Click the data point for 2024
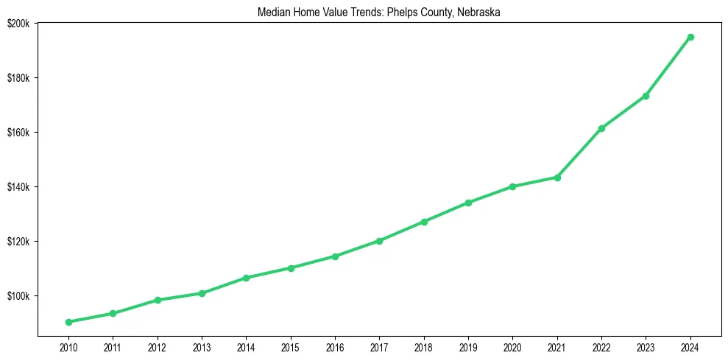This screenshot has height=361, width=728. [x=690, y=37]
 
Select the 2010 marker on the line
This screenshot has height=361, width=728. [x=68, y=322]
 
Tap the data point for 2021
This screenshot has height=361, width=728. [x=557, y=178]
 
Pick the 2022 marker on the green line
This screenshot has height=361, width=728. [x=601, y=128]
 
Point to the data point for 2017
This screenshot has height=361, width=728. [x=379, y=241]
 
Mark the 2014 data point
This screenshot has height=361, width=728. [x=246, y=278]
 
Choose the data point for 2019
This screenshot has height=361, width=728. [x=468, y=203]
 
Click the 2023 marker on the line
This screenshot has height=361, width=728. [x=646, y=96]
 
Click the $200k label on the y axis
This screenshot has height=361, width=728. [x=18, y=24]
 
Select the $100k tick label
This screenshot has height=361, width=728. [x=18, y=296]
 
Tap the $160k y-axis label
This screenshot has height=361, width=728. [x=18, y=133]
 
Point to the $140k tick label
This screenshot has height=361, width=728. [x=18, y=187]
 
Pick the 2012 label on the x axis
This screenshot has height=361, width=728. [x=157, y=346]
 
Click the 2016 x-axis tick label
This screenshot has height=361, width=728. [x=335, y=346]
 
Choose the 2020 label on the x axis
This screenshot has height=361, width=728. [x=512, y=346]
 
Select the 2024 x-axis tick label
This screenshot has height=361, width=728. [x=690, y=346]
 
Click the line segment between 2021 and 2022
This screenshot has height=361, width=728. [x=579, y=153]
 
